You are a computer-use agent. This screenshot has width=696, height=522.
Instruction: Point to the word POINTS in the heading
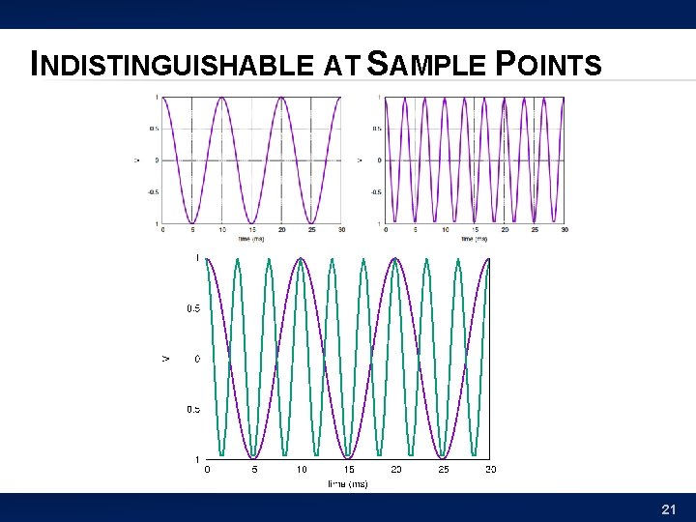(547, 66)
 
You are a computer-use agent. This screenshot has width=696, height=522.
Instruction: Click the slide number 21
(668, 508)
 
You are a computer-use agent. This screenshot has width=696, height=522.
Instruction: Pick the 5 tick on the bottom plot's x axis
(254, 469)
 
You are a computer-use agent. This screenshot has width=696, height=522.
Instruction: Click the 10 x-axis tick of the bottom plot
(302, 469)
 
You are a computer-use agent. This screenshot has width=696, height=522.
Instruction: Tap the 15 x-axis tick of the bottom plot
(349, 469)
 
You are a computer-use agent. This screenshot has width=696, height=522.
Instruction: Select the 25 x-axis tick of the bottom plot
(444, 469)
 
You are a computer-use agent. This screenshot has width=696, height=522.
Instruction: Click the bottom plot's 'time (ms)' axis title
(348, 482)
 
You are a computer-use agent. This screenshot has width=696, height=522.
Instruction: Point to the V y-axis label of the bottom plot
(165, 359)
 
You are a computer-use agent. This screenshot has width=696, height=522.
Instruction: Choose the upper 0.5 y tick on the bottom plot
(193, 308)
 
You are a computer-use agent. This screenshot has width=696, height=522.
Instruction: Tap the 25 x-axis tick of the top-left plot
(311, 229)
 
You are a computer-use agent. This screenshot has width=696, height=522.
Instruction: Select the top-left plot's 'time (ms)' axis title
(251, 238)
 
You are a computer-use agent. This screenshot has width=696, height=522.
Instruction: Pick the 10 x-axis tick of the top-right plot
(445, 229)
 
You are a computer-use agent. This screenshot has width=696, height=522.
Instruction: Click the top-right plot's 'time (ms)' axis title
(474, 238)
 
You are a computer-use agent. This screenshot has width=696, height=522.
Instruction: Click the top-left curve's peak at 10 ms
(221, 98)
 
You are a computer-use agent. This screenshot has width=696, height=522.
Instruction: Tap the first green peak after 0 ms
(238, 259)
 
